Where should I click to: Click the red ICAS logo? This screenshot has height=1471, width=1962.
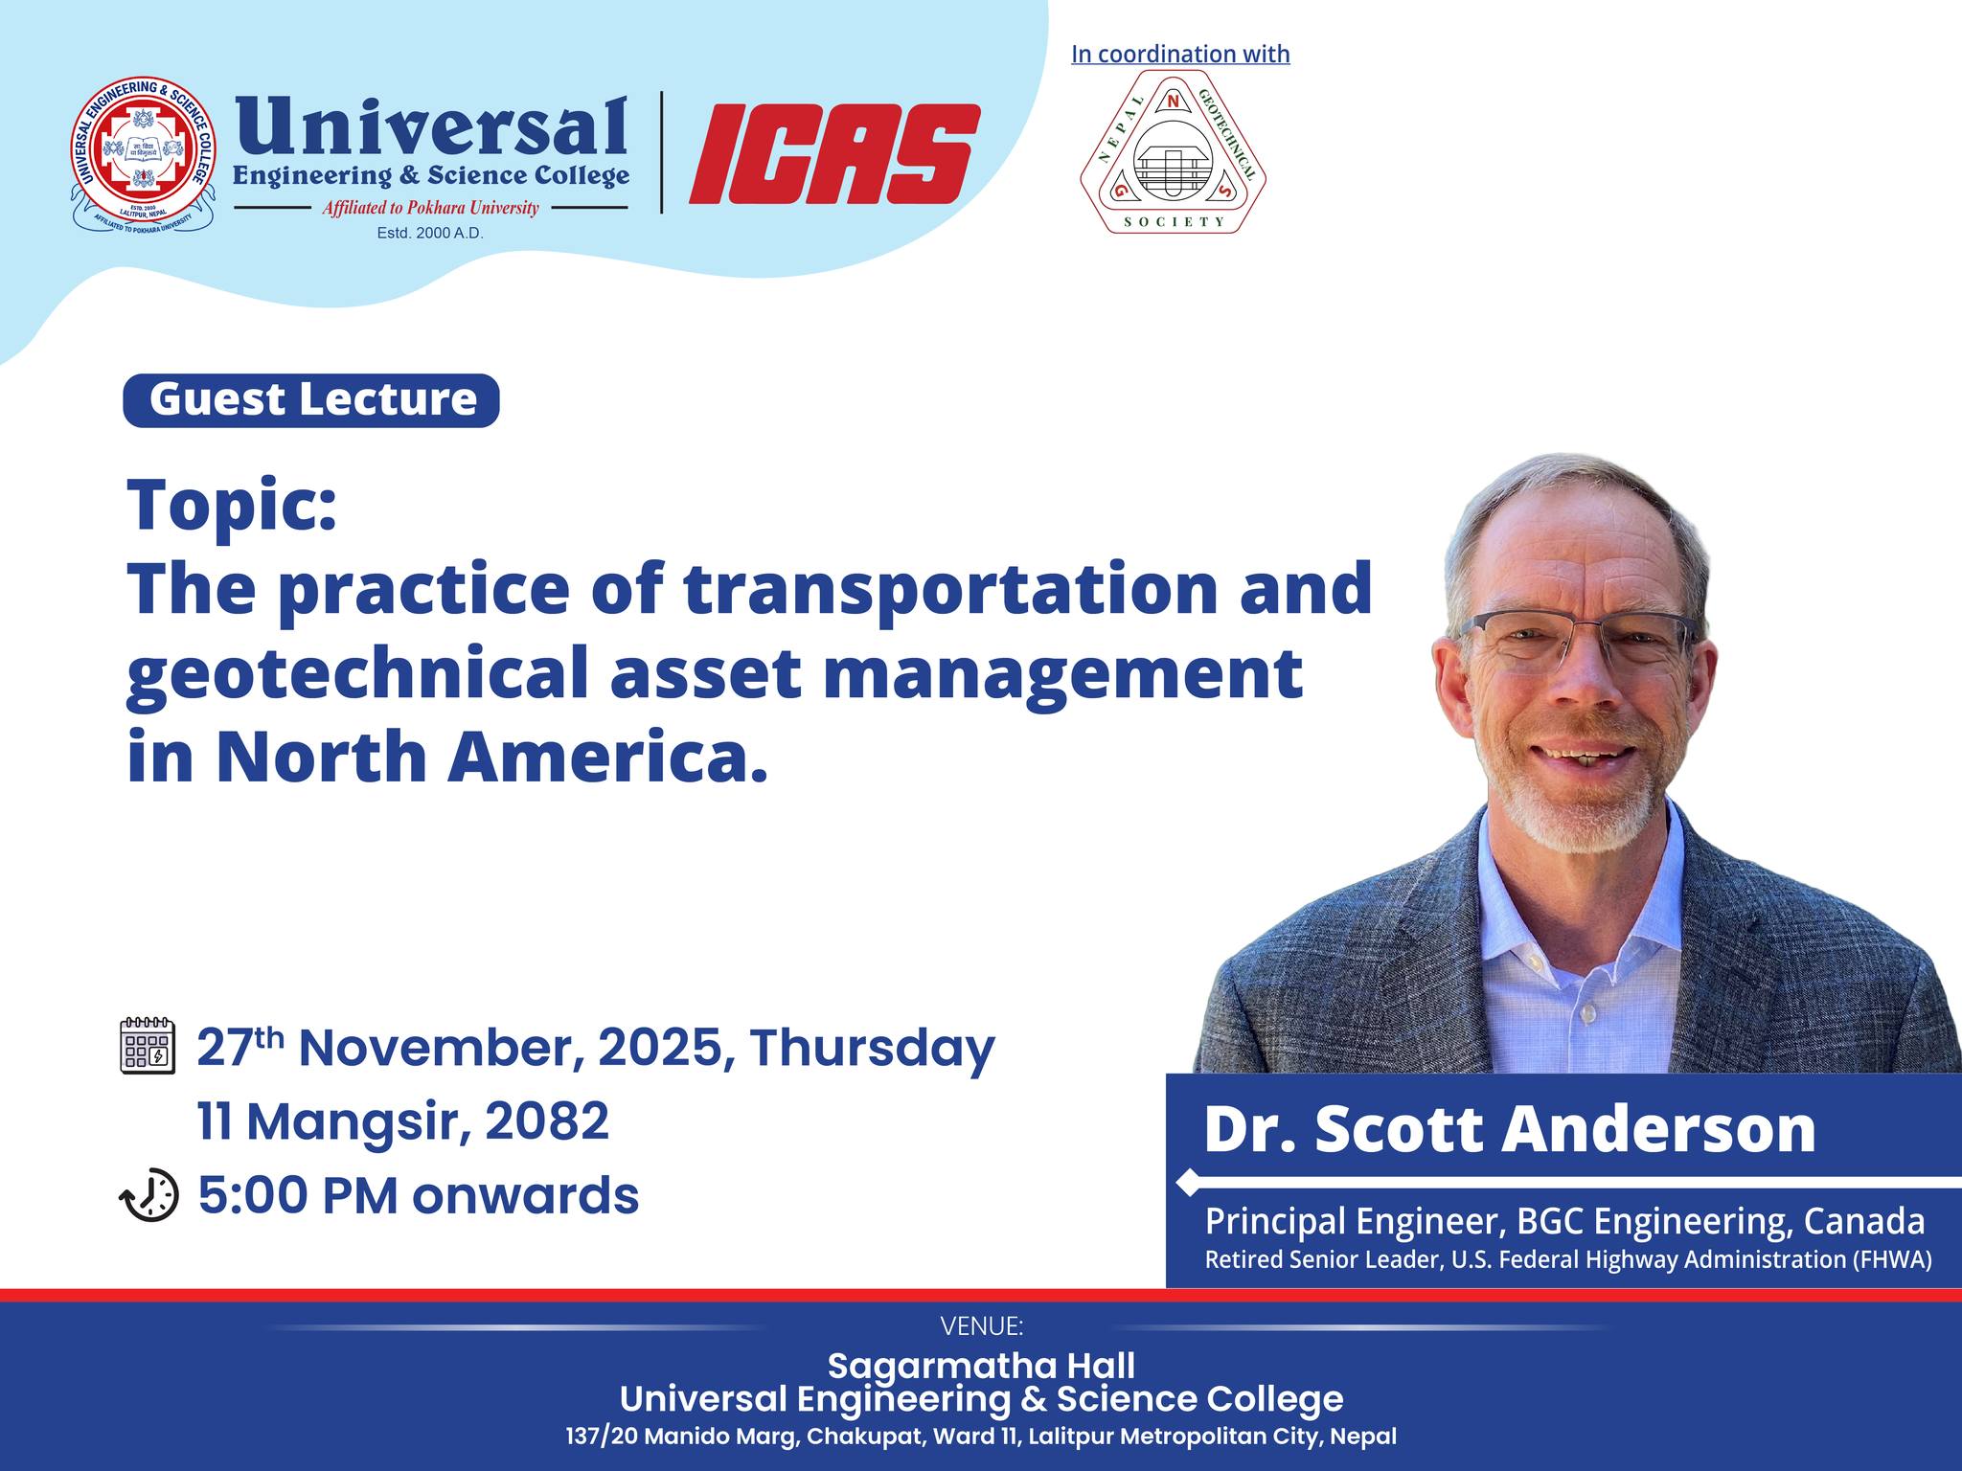click(833, 153)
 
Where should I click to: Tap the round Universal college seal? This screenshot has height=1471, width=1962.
click(144, 155)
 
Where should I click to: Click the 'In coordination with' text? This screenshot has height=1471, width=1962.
click(1180, 55)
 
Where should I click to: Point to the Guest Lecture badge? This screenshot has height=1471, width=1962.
click(311, 399)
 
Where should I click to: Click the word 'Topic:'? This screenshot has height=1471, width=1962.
click(232, 505)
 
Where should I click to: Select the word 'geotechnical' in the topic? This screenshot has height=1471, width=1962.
click(357, 674)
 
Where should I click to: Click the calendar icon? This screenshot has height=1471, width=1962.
click(148, 1046)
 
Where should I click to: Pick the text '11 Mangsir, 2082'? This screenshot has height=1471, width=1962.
click(403, 1120)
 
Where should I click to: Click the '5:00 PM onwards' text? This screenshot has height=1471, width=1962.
click(419, 1195)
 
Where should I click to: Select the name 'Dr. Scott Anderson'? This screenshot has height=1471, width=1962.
click(1510, 1129)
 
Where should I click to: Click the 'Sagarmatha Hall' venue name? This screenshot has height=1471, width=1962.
click(981, 1365)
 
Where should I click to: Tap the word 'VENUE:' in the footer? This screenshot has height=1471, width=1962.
click(982, 1326)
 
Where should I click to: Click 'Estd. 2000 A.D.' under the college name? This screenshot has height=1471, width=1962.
click(430, 233)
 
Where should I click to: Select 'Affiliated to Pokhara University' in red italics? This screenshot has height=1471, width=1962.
click(430, 208)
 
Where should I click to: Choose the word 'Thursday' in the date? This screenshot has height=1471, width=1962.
click(873, 1048)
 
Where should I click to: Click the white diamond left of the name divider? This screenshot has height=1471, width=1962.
click(1188, 1183)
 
